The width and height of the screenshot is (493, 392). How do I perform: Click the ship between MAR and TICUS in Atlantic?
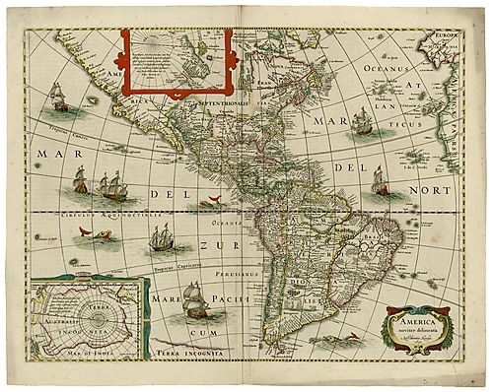362,121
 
